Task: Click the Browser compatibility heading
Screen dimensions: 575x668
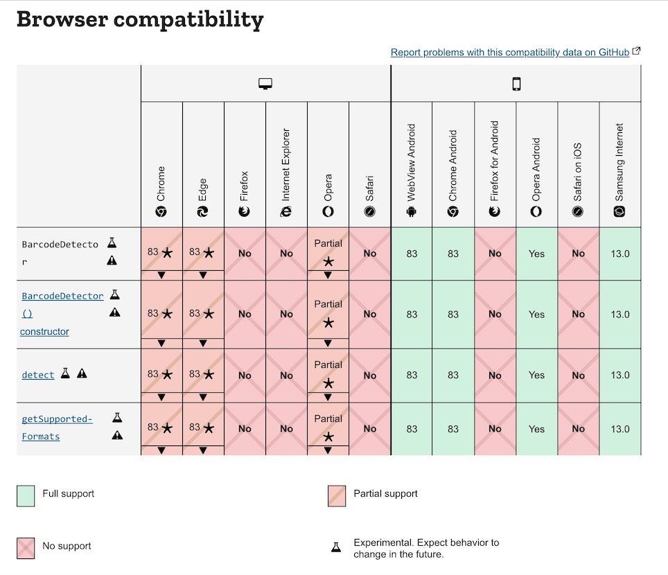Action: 139,20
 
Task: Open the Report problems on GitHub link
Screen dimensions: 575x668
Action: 510,52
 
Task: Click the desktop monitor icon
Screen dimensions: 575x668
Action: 265,84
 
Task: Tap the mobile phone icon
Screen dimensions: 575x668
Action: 516,84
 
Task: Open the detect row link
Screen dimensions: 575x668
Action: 38,375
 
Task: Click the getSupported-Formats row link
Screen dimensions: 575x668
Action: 56,427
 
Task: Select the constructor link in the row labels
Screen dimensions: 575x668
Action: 44,331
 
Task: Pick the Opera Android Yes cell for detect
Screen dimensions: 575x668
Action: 536,375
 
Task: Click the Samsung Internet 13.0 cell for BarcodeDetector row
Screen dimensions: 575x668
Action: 619,254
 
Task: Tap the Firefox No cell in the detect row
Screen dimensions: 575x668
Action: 245,375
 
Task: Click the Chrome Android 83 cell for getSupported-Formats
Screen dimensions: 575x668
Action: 453,429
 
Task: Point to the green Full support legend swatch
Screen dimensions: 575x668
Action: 26,495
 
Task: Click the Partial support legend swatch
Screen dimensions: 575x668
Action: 337,495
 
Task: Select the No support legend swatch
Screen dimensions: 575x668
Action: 26,547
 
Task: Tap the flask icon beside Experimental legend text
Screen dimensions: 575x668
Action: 336,547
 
